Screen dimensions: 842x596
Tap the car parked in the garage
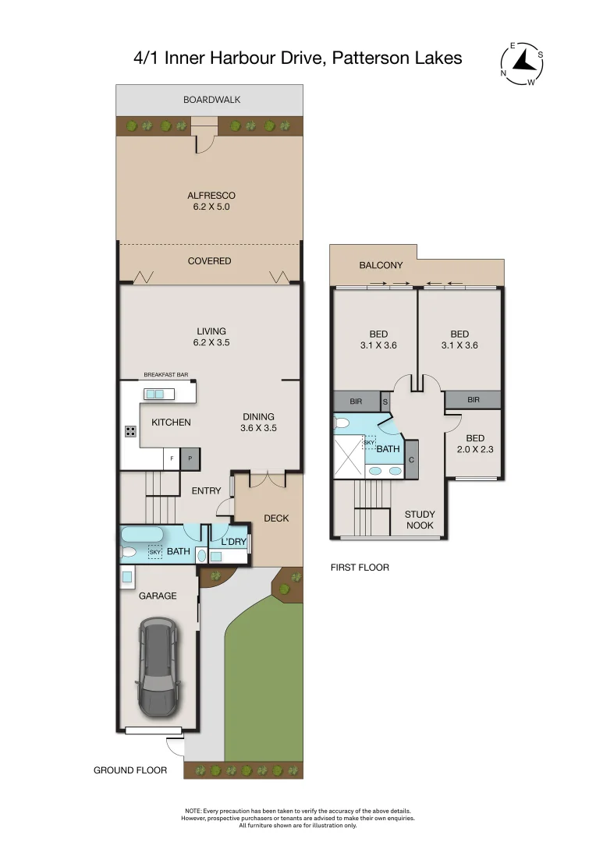[x=158, y=667]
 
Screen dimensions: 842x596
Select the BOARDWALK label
[x=211, y=100]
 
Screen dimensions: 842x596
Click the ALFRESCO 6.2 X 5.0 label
[x=211, y=201]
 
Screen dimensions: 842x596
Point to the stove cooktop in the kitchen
[x=130, y=431]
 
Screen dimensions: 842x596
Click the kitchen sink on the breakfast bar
[x=154, y=394]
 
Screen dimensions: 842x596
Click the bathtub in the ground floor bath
[x=142, y=535]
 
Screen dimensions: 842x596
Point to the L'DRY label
[x=233, y=542]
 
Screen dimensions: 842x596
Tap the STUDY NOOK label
[x=420, y=520]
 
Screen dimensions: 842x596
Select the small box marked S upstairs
[x=385, y=401]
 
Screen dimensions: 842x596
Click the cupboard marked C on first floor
[x=411, y=460]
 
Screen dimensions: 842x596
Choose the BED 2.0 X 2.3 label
[x=475, y=444]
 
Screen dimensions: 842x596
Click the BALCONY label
[x=381, y=266]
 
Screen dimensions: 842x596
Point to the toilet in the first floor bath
[x=342, y=423]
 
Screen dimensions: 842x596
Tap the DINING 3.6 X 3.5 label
[x=258, y=422]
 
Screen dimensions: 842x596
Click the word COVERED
[x=210, y=261]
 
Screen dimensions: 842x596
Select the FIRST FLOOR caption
[x=360, y=568]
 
